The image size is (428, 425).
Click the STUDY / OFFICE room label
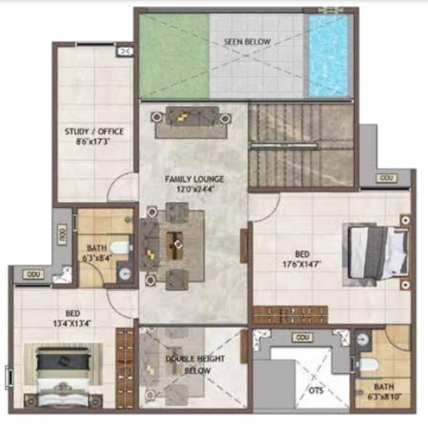pos(94,132)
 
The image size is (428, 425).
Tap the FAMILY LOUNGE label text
pos(195,179)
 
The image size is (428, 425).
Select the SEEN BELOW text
pos(247,42)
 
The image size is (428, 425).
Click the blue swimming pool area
pos(328,55)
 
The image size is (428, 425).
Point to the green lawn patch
pos(174,57)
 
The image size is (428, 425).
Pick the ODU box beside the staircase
pos(385,178)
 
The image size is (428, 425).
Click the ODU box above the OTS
pos(303,337)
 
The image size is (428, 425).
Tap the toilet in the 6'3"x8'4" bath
pos(122,247)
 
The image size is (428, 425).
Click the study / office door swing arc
pos(122,188)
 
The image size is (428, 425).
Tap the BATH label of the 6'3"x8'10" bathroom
pos(384,386)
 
